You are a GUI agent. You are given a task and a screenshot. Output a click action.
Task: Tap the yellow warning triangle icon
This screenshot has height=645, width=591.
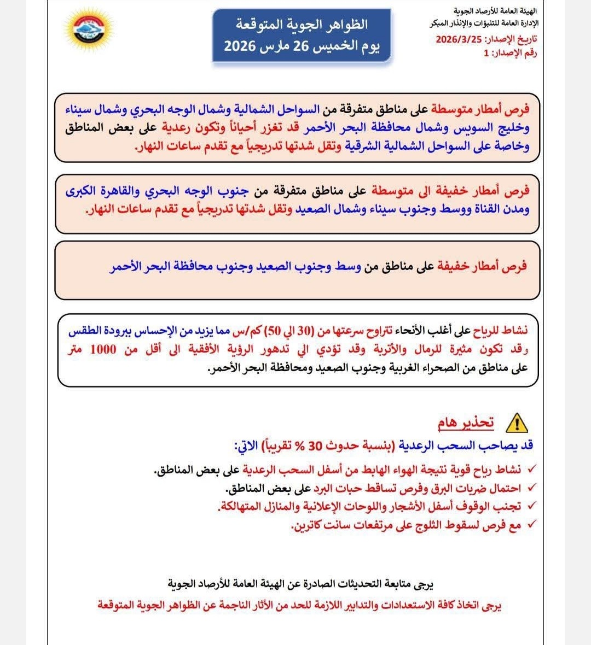click(515, 423)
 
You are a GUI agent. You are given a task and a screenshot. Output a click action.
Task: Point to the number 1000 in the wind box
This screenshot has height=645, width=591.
click(103, 349)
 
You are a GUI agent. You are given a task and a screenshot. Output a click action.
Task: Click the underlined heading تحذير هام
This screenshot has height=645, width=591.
click(466, 423)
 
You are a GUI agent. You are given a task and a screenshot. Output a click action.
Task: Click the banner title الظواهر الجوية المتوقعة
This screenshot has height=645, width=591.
click(302, 24)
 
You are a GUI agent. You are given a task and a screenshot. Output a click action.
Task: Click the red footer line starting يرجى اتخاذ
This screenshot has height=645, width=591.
click(299, 606)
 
